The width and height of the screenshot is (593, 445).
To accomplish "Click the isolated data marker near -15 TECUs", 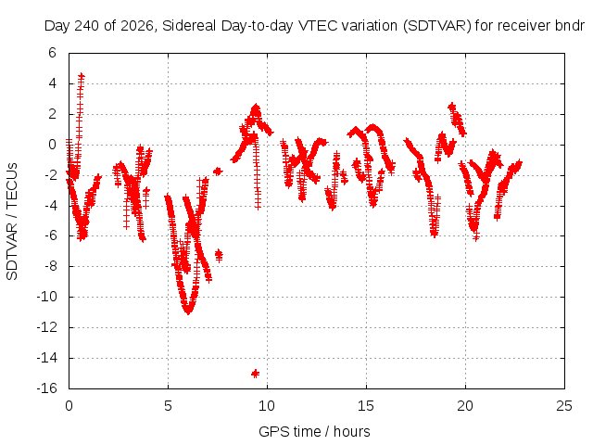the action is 256,374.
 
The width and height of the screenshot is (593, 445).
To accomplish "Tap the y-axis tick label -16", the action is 47,388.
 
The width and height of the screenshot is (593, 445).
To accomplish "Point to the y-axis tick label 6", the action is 52,53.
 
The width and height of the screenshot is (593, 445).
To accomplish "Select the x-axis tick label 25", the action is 564,406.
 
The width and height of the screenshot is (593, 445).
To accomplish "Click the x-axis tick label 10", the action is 267,406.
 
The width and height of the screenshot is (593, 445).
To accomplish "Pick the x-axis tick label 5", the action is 168,406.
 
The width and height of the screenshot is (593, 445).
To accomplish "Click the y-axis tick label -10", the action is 47,297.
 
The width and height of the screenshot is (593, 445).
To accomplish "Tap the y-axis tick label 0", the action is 52,145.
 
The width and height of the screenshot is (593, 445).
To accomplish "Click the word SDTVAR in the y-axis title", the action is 12,251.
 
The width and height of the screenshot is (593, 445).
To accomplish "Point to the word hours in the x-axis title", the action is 352,432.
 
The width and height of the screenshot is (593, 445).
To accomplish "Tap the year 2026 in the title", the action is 137,26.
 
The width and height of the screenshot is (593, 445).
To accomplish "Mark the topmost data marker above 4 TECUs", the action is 82,76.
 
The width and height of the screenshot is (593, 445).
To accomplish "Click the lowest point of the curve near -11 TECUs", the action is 188,311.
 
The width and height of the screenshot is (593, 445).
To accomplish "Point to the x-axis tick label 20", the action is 465,406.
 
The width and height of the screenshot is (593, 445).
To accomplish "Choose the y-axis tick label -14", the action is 47,358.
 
